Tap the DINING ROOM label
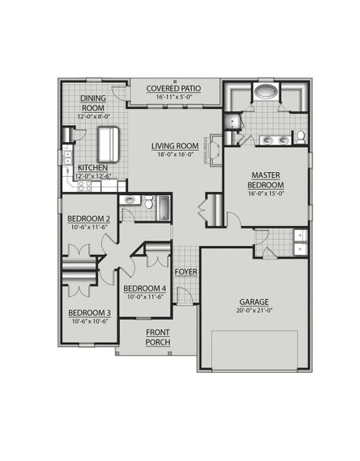tap(94, 103)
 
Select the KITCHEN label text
tap(92, 167)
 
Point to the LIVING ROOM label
tap(175, 146)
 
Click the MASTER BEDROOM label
tap(266, 181)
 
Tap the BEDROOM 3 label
tap(89, 313)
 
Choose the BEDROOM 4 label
tap(144, 289)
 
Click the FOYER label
tap(186, 272)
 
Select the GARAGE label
tap(256, 302)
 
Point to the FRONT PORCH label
tap(157, 337)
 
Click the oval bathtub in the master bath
tap(266, 93)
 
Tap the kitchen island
tap(109, 141)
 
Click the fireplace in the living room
tap(217, 147)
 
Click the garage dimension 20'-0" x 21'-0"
tap(256, 312)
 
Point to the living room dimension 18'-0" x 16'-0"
tap(175, 155)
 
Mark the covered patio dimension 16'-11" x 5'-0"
tap(177, 98)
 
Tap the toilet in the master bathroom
tap(301, 138)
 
